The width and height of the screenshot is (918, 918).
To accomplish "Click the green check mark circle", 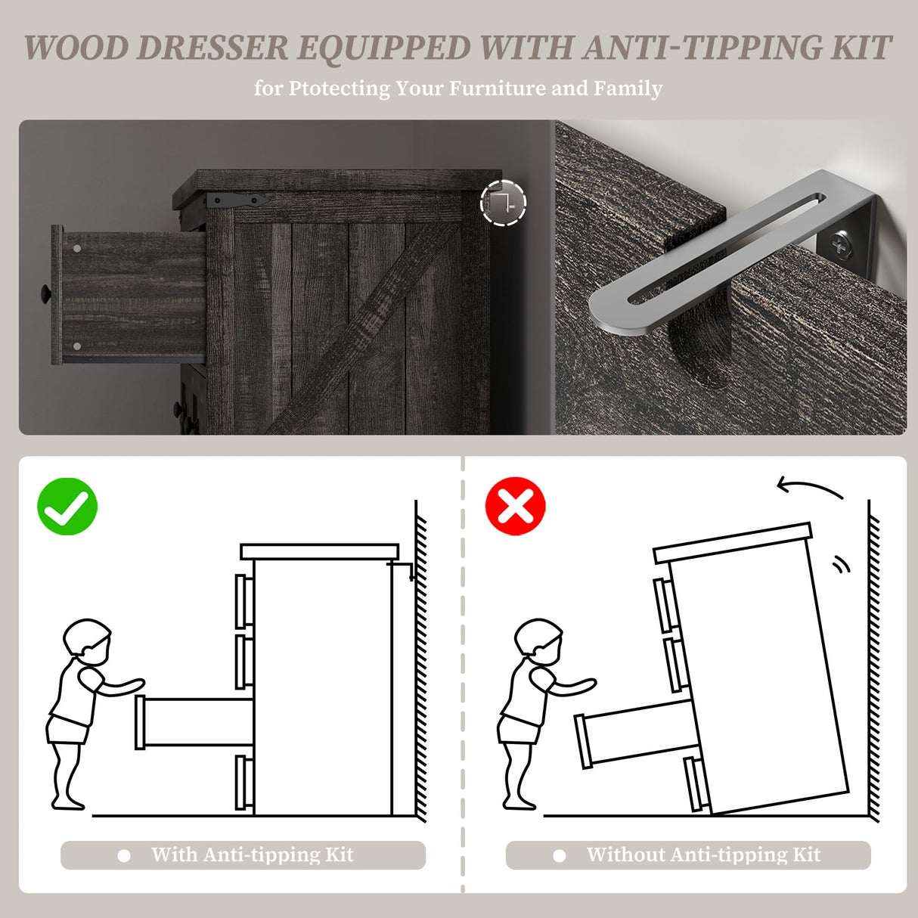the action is point(67,506).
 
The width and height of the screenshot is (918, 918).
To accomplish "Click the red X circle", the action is point(516,506).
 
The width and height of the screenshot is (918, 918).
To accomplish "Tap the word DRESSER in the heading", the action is point(212,48).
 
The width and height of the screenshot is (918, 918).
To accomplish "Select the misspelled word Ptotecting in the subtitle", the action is point(339,89).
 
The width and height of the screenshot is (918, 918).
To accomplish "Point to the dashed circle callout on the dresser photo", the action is point(503,203).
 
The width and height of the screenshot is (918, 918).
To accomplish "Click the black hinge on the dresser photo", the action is point(236,200).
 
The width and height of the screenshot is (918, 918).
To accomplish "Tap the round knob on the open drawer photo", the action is point(45,292).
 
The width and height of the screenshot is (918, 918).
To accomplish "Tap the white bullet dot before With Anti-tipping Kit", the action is point(124,855).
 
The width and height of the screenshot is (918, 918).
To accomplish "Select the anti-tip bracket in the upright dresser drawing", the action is point(401,570).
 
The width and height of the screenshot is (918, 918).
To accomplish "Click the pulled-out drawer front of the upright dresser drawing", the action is point(140,722).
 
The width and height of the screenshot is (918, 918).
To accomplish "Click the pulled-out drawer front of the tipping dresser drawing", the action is point(583,742).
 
